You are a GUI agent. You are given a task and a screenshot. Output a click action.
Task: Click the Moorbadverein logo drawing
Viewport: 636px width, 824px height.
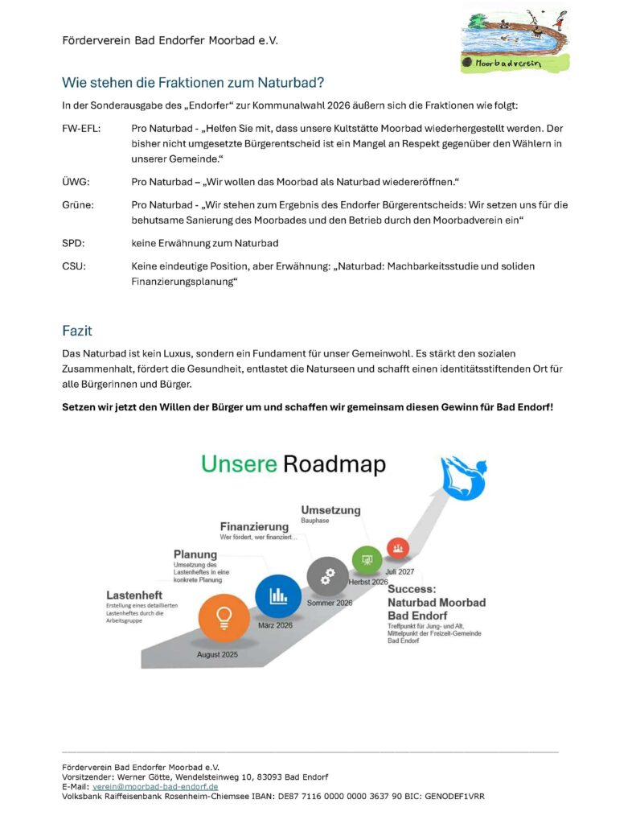(x=514, y=38)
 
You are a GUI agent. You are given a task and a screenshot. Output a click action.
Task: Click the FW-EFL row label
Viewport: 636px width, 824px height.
(x=81, y=129)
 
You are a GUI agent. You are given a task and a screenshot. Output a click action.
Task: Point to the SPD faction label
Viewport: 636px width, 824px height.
(x=73, y=241)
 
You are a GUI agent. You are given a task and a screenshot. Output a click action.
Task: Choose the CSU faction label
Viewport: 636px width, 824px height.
(x=74, y=266)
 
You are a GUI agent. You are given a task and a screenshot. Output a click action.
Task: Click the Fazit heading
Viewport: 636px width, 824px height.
(x=78, y=331)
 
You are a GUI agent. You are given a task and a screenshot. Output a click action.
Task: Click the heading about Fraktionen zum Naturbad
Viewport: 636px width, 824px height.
(x=193, y=82)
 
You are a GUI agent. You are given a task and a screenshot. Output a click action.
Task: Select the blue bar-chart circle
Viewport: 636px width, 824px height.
(x=278, y=596)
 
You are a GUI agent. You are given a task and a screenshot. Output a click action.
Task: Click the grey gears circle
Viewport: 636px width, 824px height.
(x=327, y=576)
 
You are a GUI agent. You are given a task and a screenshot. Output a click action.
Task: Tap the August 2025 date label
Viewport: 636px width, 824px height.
(x=218, y=655)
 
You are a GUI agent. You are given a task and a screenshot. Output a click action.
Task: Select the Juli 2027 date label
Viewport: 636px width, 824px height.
(x=400, y=571)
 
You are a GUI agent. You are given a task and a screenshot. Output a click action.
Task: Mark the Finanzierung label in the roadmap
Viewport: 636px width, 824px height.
(x=255, y=527)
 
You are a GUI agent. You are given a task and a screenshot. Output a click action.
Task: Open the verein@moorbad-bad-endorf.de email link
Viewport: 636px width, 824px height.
(x=155, y=786)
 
